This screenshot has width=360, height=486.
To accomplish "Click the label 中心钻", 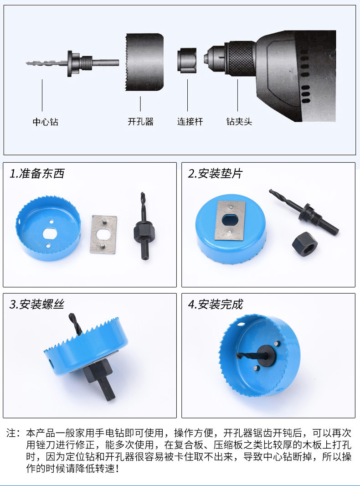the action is tap(46, 121).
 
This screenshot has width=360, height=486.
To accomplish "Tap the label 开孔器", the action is tap(141, 121).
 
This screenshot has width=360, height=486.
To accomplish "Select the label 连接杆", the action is tap(190, 121).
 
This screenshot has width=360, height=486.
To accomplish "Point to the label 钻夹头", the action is tap(239, 121).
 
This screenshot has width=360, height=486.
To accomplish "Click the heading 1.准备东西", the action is tap(37, 173).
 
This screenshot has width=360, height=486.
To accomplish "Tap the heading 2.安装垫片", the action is tap(216, 173).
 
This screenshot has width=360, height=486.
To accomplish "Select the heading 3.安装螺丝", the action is tap(37, 305).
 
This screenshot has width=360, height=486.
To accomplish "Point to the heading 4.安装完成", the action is tap(216, 305).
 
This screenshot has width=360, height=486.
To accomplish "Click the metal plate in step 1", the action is tap(103, 234).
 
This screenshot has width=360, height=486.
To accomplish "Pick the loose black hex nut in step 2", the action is tap(305, 244).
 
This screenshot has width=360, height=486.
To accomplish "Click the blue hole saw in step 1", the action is tap(48, 228).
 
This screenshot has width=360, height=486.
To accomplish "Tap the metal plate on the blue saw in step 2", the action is tap(230, 220).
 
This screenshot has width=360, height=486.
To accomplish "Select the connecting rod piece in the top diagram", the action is tap(187, 61).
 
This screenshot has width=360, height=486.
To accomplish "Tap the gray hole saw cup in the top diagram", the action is tap(144, 62).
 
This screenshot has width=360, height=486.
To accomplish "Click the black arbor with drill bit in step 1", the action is tap(143, 226).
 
